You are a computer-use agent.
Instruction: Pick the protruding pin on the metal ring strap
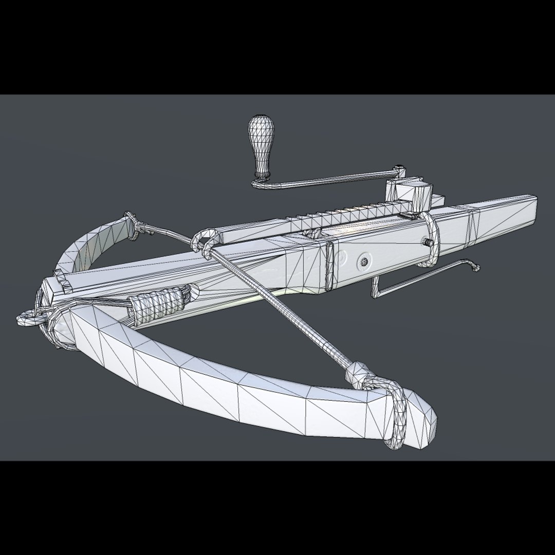(427, 241)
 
